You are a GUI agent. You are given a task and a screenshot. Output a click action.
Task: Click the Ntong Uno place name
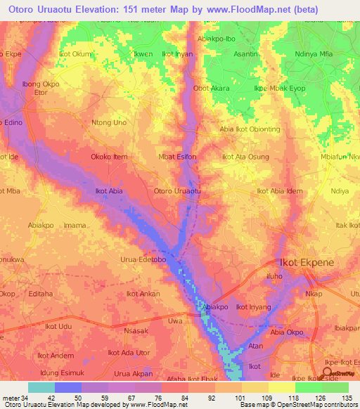click(109, 122)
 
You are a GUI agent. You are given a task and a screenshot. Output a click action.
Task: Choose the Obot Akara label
click(211, 89)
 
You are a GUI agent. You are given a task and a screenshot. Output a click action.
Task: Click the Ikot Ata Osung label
click(245, 157)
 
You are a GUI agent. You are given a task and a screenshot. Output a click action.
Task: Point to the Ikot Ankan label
click(143, 294)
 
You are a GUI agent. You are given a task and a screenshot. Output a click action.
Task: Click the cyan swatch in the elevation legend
click(41, 387)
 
